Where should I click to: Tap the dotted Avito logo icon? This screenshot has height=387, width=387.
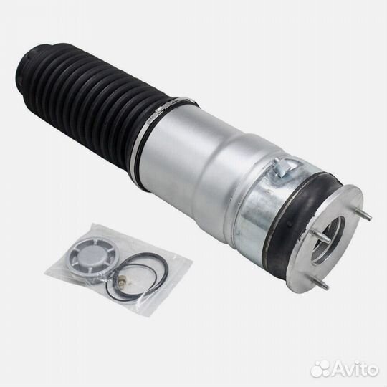tap(319, 370)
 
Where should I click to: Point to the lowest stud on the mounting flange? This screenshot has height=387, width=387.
tap(321, 284)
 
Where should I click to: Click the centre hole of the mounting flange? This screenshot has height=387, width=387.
tap(328, 239)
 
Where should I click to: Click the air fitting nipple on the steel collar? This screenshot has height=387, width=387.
tap(282, 167)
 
